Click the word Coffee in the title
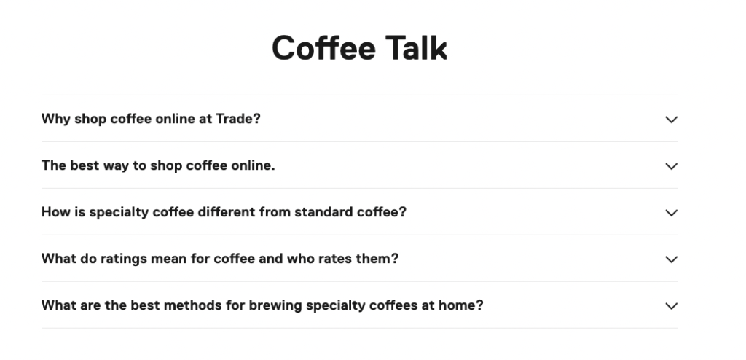[x=323, y=48]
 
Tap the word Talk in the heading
[x=416, y=48]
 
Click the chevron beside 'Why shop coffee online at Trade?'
[x=671, y=120]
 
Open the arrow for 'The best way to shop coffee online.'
[x=671, y=166]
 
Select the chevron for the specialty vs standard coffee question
[x=671, y=213]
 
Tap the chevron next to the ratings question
[x=671, y=259]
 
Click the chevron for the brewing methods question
[x=671, y=306]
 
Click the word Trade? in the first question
[x=238, y=119]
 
